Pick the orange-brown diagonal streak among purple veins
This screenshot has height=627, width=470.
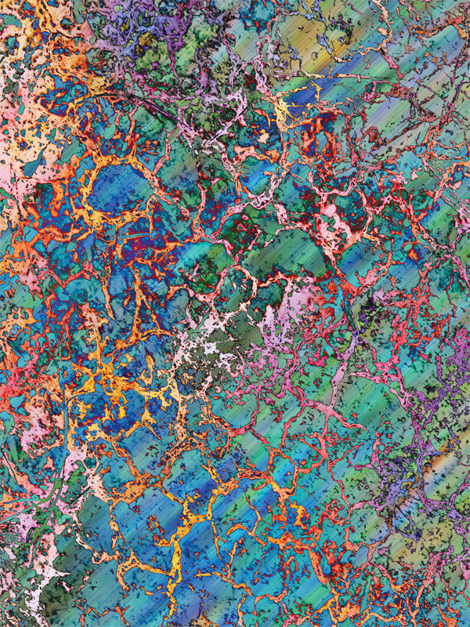[x=439, y=462]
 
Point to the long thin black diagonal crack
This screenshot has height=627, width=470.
[x=157, y=118]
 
